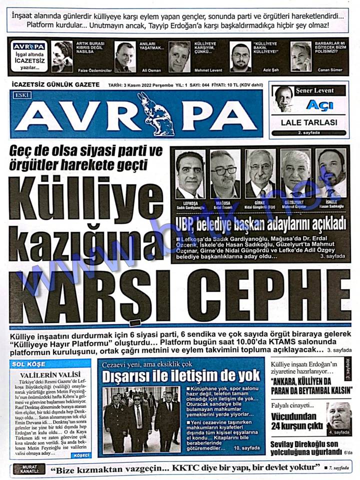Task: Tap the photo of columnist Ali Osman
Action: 124,56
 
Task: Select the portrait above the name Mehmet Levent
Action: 179,56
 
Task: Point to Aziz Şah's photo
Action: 240,57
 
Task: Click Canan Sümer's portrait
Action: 301,56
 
